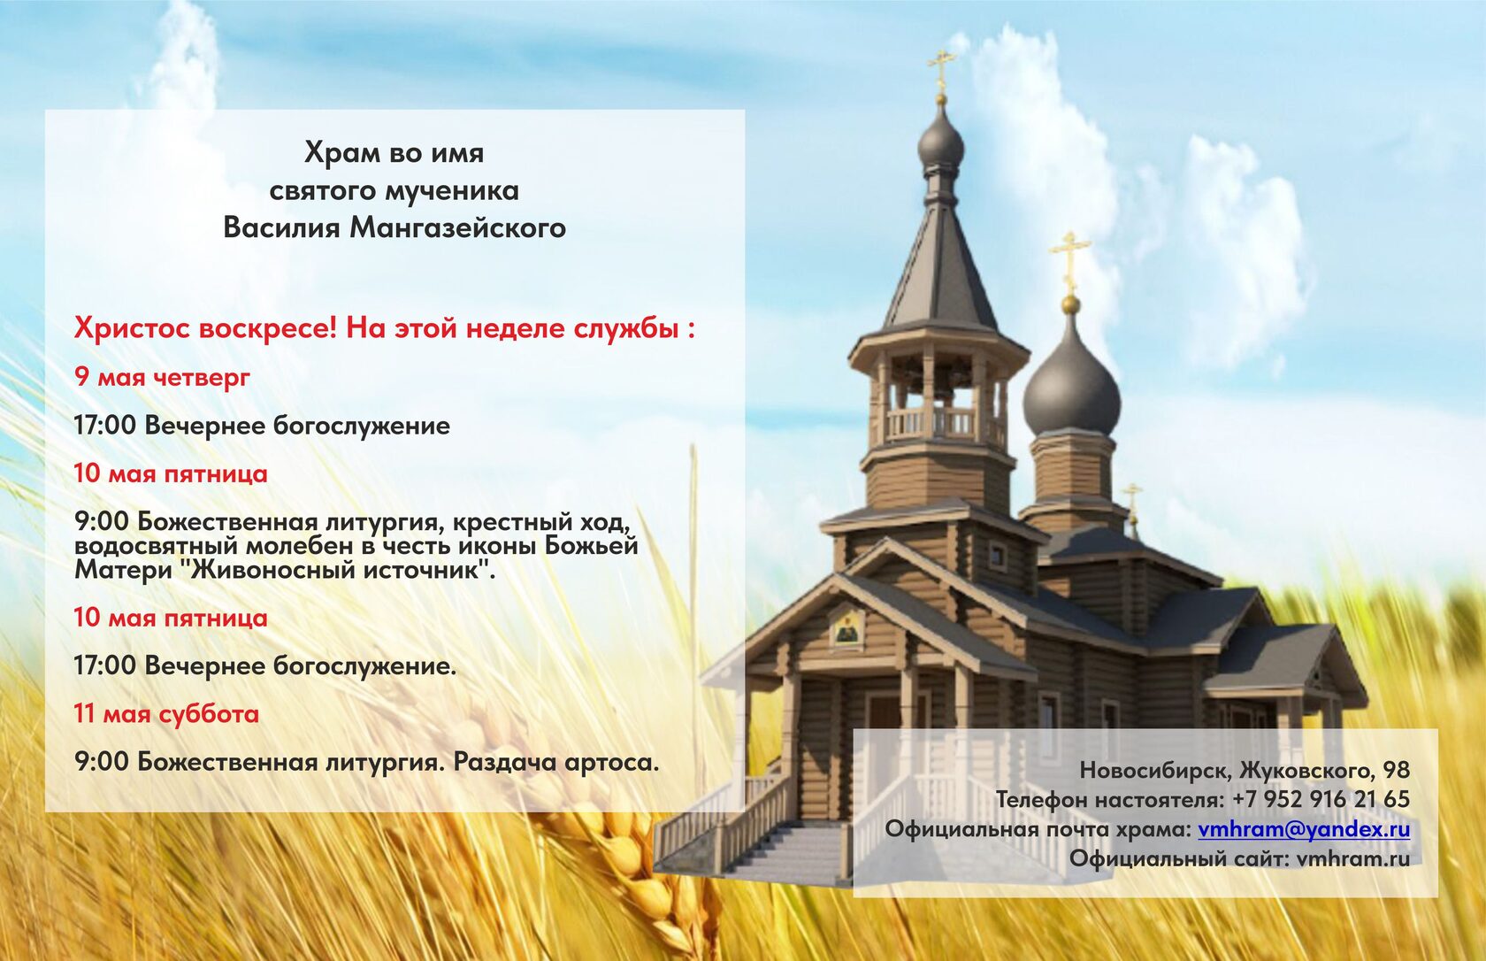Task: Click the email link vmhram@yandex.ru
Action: pos(1304,830)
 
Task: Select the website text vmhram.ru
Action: pos(1353,858)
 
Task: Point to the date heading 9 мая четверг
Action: pos(163,378)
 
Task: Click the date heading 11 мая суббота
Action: pos(166,714)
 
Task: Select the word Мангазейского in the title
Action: pos(458,227)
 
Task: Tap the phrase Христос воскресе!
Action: pos(206,328)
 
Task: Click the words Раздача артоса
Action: pos(556,763)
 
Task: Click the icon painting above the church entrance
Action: pos(846,626)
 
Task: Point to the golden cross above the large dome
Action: pos(1069,261)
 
